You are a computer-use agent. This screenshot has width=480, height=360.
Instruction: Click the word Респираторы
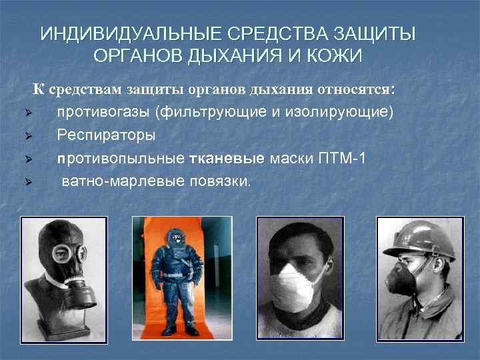[x=106, y=135]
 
